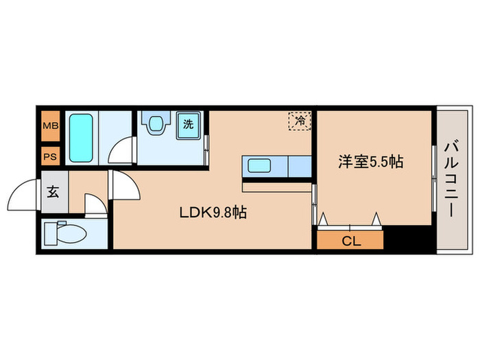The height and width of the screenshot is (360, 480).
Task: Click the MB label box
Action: [51, 125]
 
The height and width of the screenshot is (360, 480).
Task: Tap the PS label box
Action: [51, 156]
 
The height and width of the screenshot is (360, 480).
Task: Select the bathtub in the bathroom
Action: [82, 137]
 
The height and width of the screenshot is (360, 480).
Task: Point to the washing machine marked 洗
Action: [187, 125]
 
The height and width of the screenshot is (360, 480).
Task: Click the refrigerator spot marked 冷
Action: [300, 121]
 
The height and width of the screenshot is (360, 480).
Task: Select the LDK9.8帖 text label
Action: [213, 213]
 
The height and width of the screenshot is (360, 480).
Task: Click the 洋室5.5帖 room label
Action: [370, 162]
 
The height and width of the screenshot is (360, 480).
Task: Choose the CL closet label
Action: [350, 241]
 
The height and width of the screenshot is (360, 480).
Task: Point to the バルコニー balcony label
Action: [451, 180]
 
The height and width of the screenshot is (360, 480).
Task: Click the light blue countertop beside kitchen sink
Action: [299, 166]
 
